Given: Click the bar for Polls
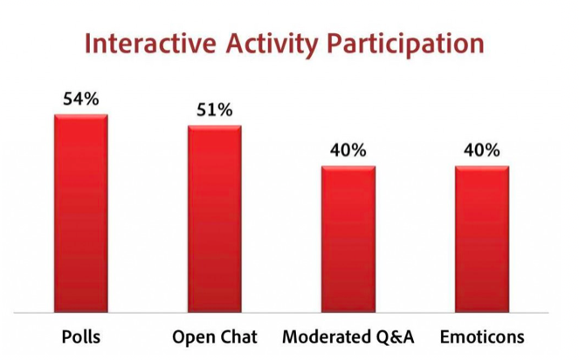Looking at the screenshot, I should tap(80, 213).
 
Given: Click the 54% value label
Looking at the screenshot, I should tap(80, 99).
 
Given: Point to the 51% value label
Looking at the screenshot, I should tap(214, 110).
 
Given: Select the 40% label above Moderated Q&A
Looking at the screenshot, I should tap(348, 150).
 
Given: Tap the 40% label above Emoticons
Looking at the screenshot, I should tap(481, 150).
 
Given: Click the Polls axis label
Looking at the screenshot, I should tap(80, 338).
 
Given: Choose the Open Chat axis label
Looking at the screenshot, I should tap(215, 338).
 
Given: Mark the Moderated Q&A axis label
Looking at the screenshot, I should tap(348, 338).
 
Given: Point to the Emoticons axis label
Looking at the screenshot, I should tap(482, 338).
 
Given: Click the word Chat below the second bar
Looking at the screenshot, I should tap(238, 338).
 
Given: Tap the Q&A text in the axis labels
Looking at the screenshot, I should tap(396, 338).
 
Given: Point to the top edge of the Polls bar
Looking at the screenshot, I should tap(80, 115).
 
